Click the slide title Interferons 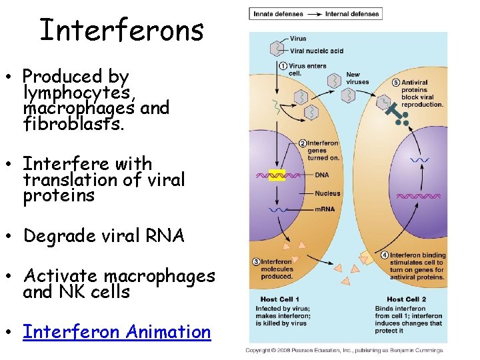click(121, 30)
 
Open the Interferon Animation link click(117, 332)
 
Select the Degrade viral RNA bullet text click(103, 236)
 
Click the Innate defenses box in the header click(277, 13)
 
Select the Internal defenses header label click(352, 13)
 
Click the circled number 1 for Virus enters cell click(283, 66)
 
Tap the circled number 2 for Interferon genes click(302, 143)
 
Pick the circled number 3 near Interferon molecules click(256, 262)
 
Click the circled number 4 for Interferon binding click(385, 255)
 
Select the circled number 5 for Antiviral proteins click(396, 83)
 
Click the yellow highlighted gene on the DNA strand click(277, 175)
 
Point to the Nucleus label click(327, 193)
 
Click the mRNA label click(325, 209)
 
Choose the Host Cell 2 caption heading click(406, 299)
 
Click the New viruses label click(357, 78)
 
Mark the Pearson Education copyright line click(344, 350)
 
